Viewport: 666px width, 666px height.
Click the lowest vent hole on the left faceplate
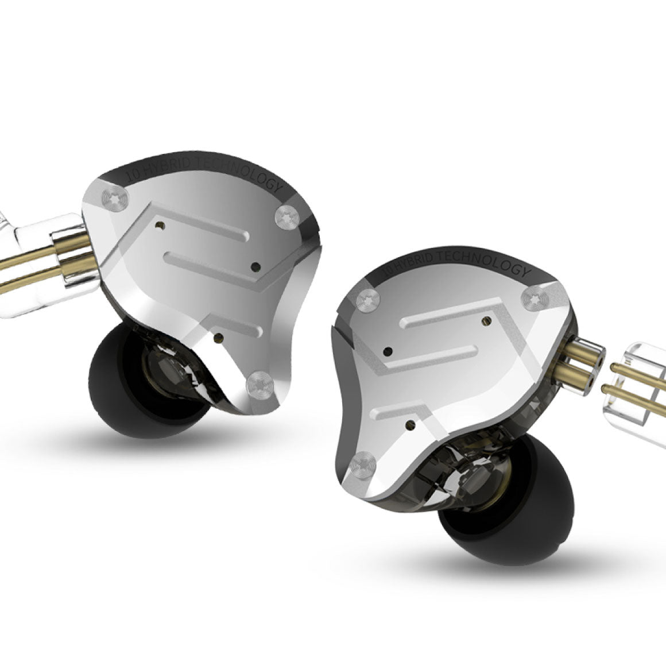pos(218,339)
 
